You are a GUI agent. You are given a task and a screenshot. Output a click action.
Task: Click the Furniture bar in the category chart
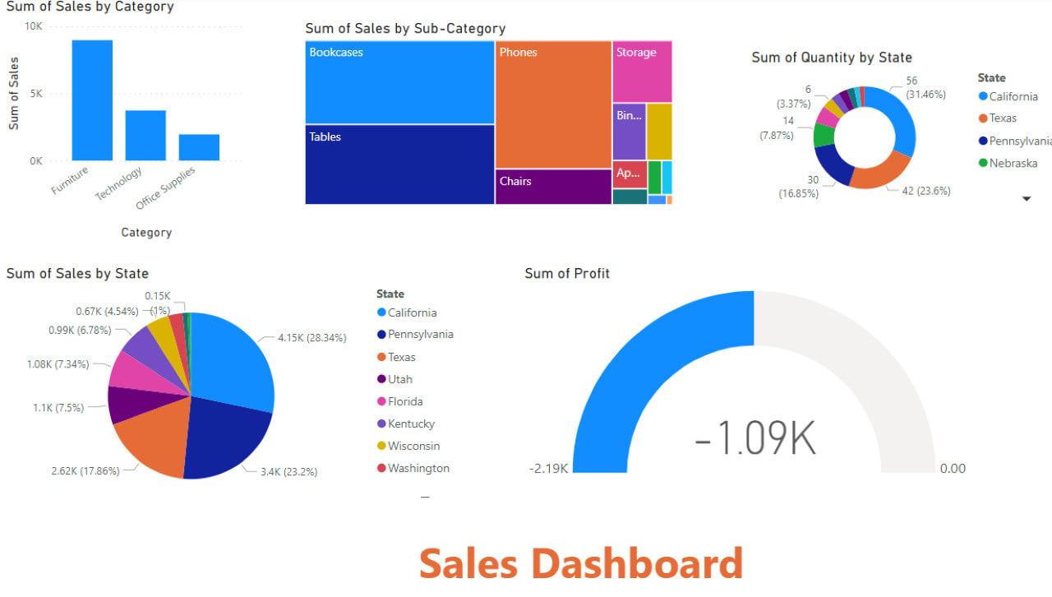coord(92,100)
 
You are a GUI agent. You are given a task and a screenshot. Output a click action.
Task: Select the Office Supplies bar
coord(199,147)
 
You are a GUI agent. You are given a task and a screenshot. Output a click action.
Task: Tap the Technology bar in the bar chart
coord(145,136)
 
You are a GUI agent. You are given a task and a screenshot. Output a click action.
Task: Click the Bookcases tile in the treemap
coord(399,82)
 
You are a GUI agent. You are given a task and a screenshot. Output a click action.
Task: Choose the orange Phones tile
coord(553,104)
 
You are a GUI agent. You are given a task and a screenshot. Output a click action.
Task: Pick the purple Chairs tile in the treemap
coord(553,187)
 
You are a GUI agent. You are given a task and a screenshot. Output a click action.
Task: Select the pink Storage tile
coord(642,72)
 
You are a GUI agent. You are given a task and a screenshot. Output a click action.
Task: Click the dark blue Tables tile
coord(399,164)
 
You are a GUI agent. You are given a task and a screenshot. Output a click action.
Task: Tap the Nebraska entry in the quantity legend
coord(1013,163)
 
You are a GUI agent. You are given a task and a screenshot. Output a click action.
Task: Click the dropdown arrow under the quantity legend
coord(1026,199)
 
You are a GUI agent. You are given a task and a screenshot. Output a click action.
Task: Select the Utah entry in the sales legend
coord(400,379)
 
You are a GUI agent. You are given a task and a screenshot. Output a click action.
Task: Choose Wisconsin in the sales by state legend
coord(413,446)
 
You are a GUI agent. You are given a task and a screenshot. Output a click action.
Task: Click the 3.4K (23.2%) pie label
coord(289,471)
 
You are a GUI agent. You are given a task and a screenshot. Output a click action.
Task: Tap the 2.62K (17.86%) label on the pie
coord(85,471)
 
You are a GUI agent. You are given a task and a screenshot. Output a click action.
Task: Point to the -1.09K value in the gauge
coord(754,438)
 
